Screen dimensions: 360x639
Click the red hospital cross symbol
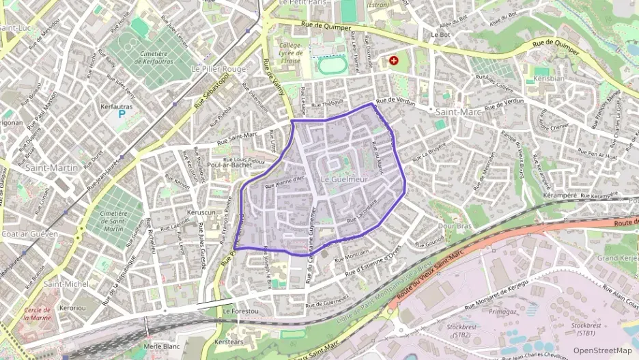[x=393, y=61]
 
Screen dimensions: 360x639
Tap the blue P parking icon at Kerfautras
[x=121, y=115]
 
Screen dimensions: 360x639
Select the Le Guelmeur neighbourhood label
[x=343, y=179]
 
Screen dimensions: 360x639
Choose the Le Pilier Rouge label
[x=218, y=69]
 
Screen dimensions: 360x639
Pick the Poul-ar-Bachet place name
[x=225, y=165]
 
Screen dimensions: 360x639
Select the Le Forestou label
[x=241, y=311]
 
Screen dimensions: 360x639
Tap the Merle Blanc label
[x=162, y=346]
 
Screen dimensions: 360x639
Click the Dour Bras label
[x=455, y=225]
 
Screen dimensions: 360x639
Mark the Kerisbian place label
[x=549, y=79]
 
